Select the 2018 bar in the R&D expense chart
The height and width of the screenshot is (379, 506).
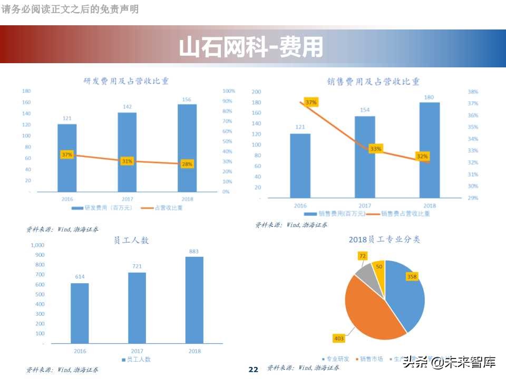187,147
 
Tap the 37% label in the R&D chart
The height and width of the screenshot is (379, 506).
67,155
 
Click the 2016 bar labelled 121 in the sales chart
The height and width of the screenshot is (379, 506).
300,165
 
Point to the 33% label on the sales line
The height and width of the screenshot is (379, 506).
375,149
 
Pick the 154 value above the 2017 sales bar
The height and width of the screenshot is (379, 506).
365,110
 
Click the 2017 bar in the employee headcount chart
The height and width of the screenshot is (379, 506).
137,307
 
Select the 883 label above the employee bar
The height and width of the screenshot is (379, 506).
193,251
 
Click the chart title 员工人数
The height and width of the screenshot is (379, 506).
132,240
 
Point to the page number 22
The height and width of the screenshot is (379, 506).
253,370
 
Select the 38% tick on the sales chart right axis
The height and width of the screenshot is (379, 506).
473,92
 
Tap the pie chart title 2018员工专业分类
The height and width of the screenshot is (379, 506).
384,240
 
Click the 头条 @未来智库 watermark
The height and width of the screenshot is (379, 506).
449,362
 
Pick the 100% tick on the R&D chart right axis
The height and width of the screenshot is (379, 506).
228,91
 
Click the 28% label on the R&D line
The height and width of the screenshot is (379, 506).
187,164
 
